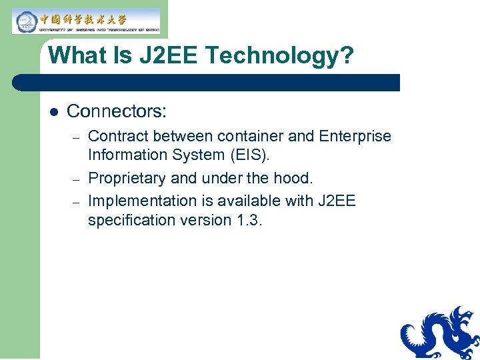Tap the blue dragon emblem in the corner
440,333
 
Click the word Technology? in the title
279,55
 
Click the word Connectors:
117,111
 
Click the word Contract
118,136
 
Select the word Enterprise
355,136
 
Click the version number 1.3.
250,220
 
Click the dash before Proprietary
77,179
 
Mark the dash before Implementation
77,201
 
